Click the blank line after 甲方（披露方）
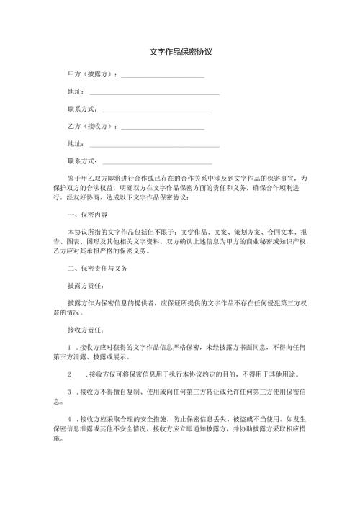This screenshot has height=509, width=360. (163, 76)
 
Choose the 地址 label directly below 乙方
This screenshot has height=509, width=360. (74, 144)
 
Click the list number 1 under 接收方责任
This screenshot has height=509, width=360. (68, 347)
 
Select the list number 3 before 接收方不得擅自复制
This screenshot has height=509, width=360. (68, 392)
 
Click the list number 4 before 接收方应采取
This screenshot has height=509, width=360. (68, 419)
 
